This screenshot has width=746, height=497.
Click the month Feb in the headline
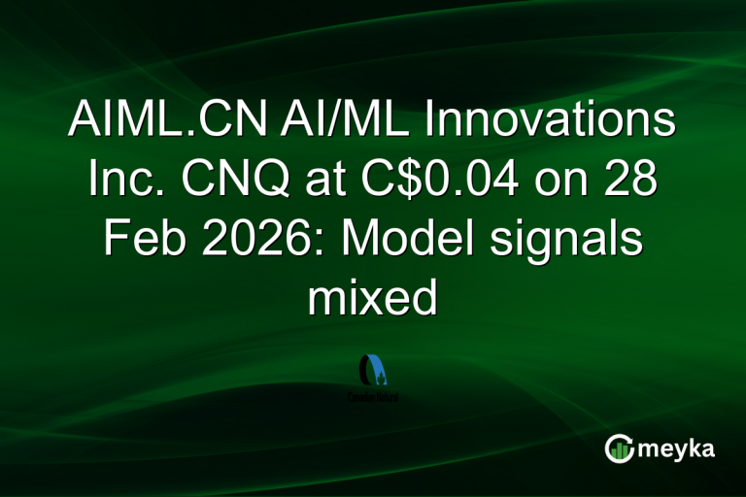click(137, 239)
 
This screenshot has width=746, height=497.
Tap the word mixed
click(372, 297)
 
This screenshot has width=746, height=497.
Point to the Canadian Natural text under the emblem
click(373, 396)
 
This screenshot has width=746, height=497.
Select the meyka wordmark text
click(681, 448)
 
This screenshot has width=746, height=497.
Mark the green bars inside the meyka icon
click(621, 450)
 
